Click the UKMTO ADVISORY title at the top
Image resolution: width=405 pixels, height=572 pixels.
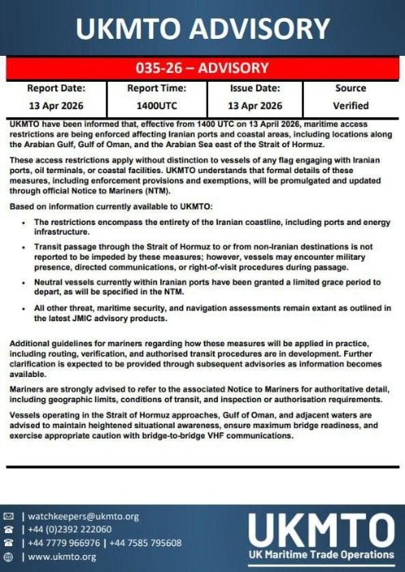pos(202,29)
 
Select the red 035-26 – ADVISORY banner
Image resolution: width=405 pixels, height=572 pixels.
pos(202,68)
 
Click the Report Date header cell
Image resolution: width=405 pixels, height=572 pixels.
pos(56,88)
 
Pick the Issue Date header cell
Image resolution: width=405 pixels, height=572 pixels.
pos(254,88)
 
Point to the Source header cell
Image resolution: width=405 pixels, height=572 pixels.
pos(350,88)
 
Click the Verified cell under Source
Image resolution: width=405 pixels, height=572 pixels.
pos(350,105)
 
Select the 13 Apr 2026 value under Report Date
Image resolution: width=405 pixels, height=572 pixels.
pos(56,105)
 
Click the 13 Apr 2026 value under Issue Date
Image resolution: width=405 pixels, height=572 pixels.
pos(254,105)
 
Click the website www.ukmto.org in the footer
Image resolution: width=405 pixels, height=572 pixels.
pos(62,557)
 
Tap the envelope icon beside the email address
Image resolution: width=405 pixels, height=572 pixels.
pos(9,516)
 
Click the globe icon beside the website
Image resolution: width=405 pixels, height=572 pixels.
pos(9,557)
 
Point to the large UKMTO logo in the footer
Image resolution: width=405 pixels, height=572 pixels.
pos(321,530)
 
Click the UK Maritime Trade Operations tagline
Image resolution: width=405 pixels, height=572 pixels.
pos(321,555)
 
